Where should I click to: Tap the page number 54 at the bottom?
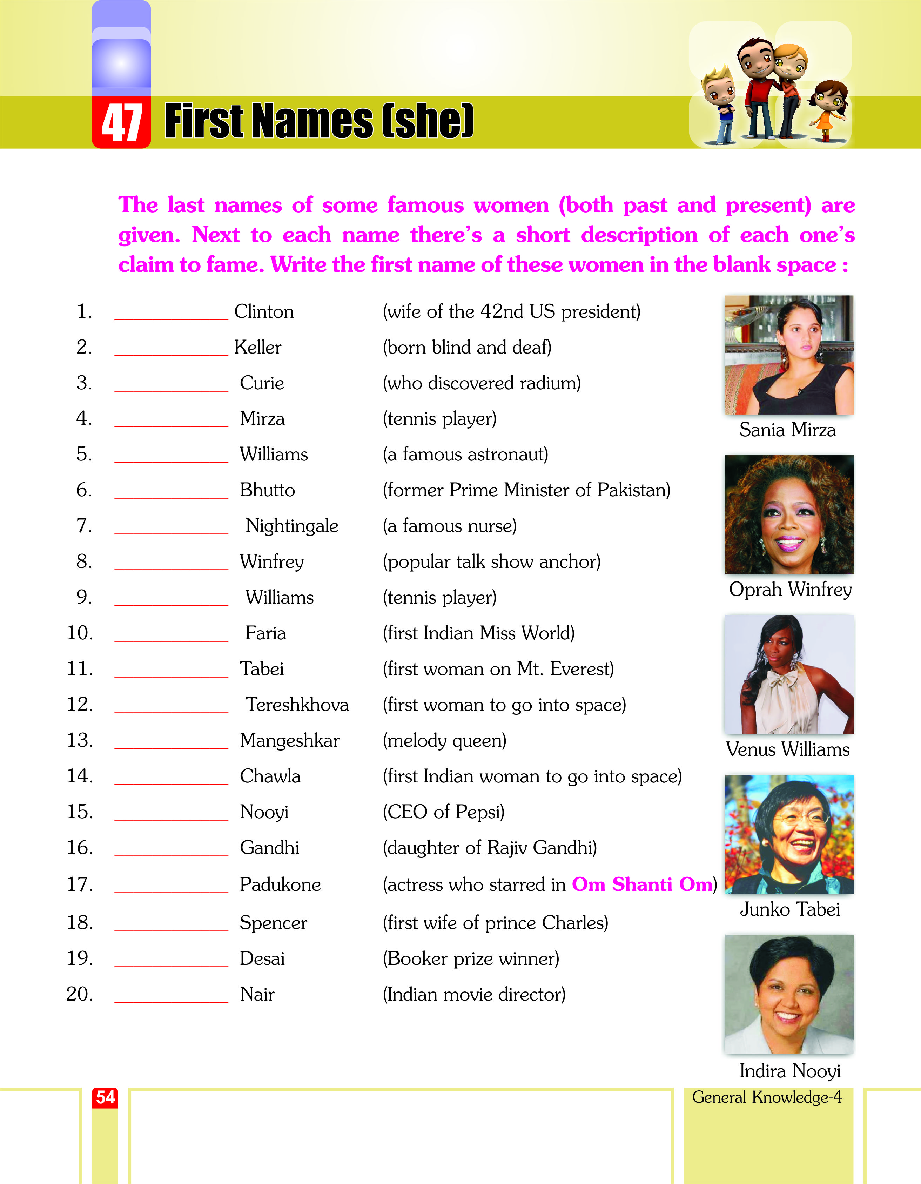pos(105,1097)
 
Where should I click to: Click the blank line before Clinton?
pos(171,315)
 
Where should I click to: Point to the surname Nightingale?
pos(292,526)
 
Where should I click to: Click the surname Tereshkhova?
pos(297,705)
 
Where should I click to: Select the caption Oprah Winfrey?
pos(790,589)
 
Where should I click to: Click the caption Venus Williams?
pos(788,749)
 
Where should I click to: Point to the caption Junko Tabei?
pos(790,909)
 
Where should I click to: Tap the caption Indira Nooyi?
pos(790,1071)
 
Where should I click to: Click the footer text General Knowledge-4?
pos(767,1097)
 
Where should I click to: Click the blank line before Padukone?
pos(171,887)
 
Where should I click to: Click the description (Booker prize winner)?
pos(471,958)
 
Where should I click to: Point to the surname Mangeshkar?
pos(289,741)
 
